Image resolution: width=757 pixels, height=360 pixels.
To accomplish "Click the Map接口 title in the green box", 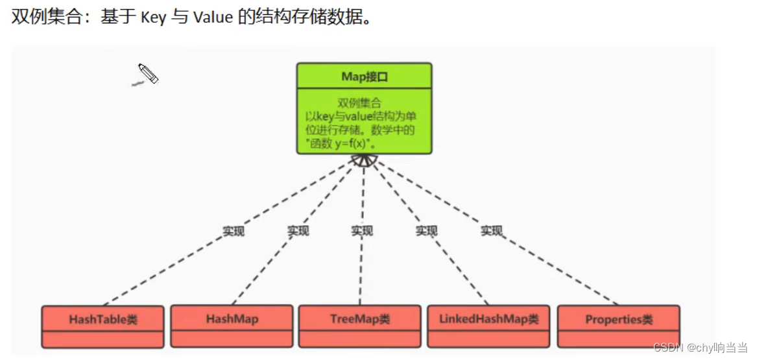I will click(364, 77).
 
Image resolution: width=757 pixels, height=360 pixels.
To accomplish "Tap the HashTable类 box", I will click(102, 320).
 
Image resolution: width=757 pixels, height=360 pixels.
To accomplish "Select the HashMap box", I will click(232, 318).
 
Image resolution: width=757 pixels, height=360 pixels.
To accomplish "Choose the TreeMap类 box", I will click(359, 319).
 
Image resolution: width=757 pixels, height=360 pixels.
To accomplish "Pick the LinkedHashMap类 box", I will click(488, 319).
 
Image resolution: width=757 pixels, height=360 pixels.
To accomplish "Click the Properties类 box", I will click(618, 319).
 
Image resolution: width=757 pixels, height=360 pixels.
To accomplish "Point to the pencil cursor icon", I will click(148, 74).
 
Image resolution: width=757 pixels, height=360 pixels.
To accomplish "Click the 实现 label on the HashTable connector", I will click(234, 231).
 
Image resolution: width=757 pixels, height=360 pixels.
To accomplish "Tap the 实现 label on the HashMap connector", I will click(298, 231).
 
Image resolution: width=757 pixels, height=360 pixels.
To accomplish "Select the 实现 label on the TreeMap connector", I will click(362, 231).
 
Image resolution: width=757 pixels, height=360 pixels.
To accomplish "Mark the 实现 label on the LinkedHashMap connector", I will click(426, 231).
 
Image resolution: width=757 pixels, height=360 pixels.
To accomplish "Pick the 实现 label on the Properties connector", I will click(491, 231).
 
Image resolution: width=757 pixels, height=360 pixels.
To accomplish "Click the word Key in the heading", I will click(152, 17).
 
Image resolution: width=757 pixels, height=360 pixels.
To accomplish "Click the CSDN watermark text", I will click(701, 348).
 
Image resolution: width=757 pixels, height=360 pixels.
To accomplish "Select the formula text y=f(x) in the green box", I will click(361, 143).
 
